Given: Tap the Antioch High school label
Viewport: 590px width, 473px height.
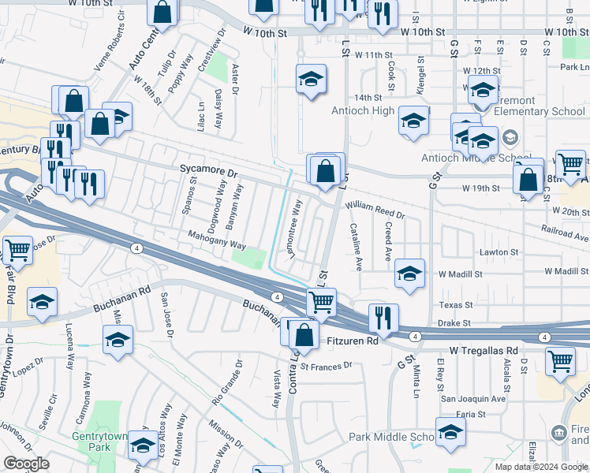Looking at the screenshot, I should [x=363, y=110].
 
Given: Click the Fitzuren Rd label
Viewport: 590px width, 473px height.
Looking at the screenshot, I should [x=353, y=341].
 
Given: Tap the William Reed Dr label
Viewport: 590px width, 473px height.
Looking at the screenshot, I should [x=375, y=209].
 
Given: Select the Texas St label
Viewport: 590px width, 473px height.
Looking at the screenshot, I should [x=455, y=305].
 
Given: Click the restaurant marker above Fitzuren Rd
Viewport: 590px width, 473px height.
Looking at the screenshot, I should [x=383, y=318].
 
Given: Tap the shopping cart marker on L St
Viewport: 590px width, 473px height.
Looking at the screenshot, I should [x=321, y=301].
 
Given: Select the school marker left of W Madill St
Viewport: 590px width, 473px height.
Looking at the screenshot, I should [x=409, y=273].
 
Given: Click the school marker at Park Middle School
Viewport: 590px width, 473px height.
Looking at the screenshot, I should [x=450, y=432].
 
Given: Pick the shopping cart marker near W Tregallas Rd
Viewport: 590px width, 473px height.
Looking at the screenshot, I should [x=560, y=360].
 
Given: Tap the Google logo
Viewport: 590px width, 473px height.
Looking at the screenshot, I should [x=27, y=464].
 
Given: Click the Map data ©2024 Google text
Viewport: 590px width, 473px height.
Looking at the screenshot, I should [x=541, y=467].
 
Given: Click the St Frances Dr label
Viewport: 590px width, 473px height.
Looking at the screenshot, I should [x=326, y=366].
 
